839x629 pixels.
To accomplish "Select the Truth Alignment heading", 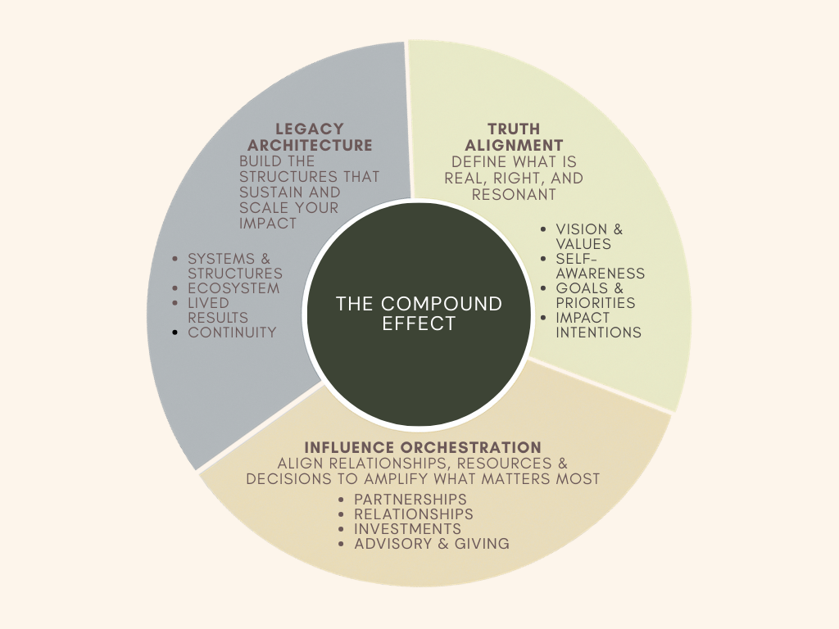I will pos(514,137).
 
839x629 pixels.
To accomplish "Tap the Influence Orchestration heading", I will pos(423,447).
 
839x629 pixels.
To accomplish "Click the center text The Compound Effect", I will pos(419,314).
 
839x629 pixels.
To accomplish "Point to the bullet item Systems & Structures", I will pos(235,266).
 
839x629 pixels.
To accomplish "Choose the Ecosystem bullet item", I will pos(234,288).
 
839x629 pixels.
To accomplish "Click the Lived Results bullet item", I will pos(218,310).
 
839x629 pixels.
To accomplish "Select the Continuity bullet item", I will pos(232,333).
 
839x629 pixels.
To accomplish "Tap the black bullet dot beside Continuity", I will pos(176,333).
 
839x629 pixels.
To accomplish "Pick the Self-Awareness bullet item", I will pos(601,266).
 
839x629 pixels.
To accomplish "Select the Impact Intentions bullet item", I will pos(598,324).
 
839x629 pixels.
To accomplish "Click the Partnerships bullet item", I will pos(410,500).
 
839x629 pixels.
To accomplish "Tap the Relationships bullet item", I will pos(414,514).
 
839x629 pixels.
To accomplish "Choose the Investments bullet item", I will pos(408,529).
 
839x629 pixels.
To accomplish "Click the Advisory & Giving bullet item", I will pos(432,544).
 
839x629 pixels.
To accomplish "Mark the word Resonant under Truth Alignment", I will pos(515,194).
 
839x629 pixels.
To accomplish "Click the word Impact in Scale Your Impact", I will pos(268,223).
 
